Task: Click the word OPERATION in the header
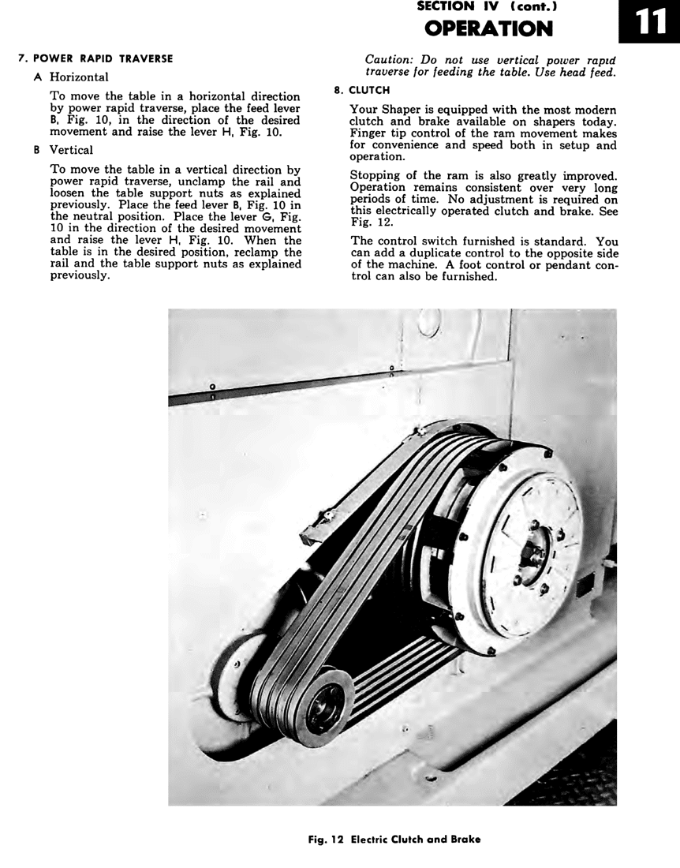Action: (488, 28)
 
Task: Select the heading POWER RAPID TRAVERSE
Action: (101, 58)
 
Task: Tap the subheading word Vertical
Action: (71, 150)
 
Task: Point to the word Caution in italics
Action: (390, 60)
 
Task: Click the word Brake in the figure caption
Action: (464, 839)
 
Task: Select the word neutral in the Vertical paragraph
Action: (88, 217)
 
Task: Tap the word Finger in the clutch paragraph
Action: (368, 133)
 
